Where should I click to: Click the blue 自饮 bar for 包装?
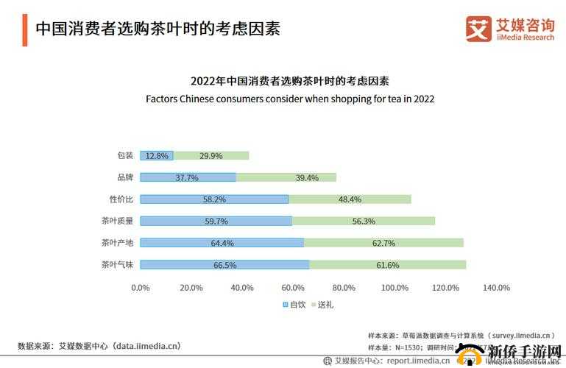point(156,155)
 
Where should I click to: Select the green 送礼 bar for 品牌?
point(286,177)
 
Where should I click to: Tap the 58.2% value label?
point(214,199)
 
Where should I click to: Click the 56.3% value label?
point(364,221)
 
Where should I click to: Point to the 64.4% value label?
point(222,243)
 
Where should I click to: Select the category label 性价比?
point(121,199)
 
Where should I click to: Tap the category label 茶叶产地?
point(117,243)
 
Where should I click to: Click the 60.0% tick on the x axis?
point(294,288)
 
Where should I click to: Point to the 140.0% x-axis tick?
point(497,288)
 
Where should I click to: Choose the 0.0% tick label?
point(141,288)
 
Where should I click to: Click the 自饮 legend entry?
point(294,304)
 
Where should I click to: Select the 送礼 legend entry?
point(322,304)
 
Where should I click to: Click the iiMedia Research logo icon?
point(478,29)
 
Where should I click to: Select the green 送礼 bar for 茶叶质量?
point(364,221)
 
